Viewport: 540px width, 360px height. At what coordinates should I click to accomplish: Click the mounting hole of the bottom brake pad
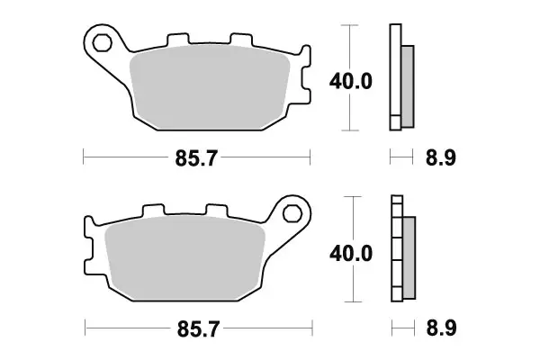click(292, 214)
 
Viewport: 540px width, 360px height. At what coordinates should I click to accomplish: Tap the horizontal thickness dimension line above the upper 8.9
click(402, 158)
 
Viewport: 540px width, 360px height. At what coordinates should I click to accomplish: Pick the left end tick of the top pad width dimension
click(83, 159)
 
